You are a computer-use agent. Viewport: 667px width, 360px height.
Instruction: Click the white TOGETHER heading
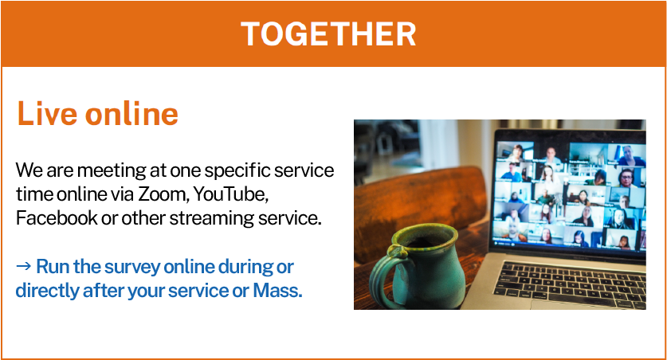[x=328, y=34]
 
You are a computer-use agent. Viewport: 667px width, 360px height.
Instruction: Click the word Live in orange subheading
[x=47, y=113]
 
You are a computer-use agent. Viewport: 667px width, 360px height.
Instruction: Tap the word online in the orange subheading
[x=131, y=113]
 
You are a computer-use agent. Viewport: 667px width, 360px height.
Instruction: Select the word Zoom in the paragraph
[x=163, y=194]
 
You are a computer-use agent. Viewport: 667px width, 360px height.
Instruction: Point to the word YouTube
[x=231, y=194]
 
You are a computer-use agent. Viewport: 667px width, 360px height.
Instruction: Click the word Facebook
[x=57, y=218]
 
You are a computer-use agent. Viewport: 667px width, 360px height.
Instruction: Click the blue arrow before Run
[x=23, y=267]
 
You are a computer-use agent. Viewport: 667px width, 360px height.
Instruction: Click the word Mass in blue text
[x=277, y=292]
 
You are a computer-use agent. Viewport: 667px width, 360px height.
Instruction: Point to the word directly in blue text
[x=47, y=292]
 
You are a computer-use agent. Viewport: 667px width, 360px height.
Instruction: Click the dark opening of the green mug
[x=423, y=239]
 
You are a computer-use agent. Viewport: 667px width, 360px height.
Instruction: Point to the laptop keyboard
[x=570, y=283]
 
